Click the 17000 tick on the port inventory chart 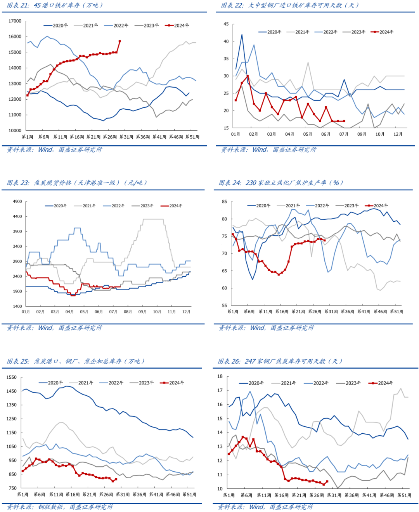point(15,21)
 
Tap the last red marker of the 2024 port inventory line point(119,41)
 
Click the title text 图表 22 point(233,5)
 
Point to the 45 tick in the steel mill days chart point(226,24)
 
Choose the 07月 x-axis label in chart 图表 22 point(344,134)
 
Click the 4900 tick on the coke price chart point(17,202)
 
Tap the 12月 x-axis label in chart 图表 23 point(186,312)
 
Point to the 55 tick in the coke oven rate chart point(225,305)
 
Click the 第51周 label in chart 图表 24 point(396,312)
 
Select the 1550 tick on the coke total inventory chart point(12,377)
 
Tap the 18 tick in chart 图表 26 point(220,376)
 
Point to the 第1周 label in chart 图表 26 point(229,495)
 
